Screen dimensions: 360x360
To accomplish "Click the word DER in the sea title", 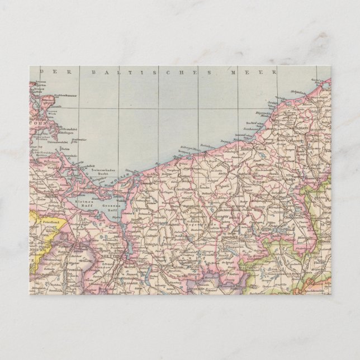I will pyautogui.click(x=49, y=73).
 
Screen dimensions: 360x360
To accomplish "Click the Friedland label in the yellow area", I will pyautogui.click(x=51, y=222).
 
